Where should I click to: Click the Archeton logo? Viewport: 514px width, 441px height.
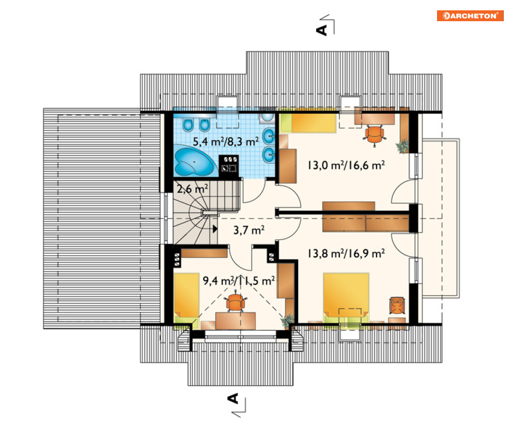tap(470, 15)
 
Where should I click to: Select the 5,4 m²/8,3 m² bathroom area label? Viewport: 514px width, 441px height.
tap(226, 141)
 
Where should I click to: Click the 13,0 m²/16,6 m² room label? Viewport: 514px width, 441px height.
tap(346, 165)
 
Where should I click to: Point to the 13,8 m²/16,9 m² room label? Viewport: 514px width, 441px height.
tap(346, 253)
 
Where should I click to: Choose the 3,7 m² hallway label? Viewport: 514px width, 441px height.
tap(249, 230)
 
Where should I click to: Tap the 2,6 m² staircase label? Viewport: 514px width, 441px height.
tap(192, 188)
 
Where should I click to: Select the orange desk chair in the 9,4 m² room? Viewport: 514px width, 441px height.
tap(235, 302)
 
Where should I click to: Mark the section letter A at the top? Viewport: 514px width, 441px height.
tap(322, 30)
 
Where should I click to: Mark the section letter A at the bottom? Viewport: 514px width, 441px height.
tap(233, 399)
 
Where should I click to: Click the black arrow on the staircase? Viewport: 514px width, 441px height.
tap(215, 229)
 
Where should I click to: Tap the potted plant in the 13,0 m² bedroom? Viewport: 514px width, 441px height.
tap(402, 146)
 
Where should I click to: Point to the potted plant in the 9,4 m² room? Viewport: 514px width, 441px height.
tap(288, 321)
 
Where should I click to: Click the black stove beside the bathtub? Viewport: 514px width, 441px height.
tap(228, 165)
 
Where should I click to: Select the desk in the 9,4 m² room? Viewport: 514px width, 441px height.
tap(236, 321)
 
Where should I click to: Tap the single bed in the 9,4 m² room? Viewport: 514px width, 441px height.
tap(186, 301)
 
